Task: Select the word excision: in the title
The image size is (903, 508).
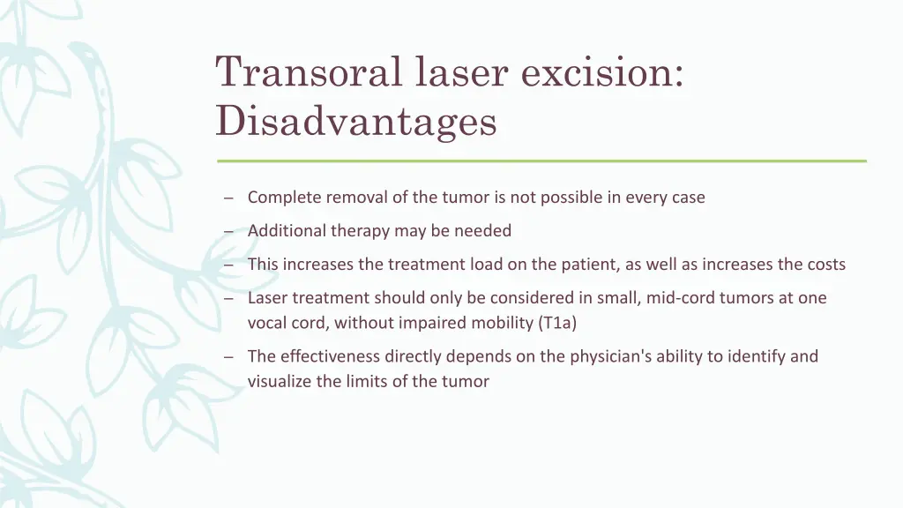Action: pyautogui.click(x=602, y=72)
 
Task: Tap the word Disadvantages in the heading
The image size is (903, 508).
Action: pyautogui.click(x=356, y=121)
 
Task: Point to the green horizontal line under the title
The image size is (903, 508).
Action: pyautogui.click(x=541, y=161)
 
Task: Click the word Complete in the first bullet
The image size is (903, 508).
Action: pyautogui.click(x=285, y=198)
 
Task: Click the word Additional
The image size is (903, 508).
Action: pyautogui.click(x=287, y=231)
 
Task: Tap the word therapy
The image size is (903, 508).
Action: pyautogui.click(x=359, y=231)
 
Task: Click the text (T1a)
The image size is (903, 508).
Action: pyautogui.click(x=556, y=323)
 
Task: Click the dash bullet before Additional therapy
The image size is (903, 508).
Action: pyautogui.click(x=228, y=232)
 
